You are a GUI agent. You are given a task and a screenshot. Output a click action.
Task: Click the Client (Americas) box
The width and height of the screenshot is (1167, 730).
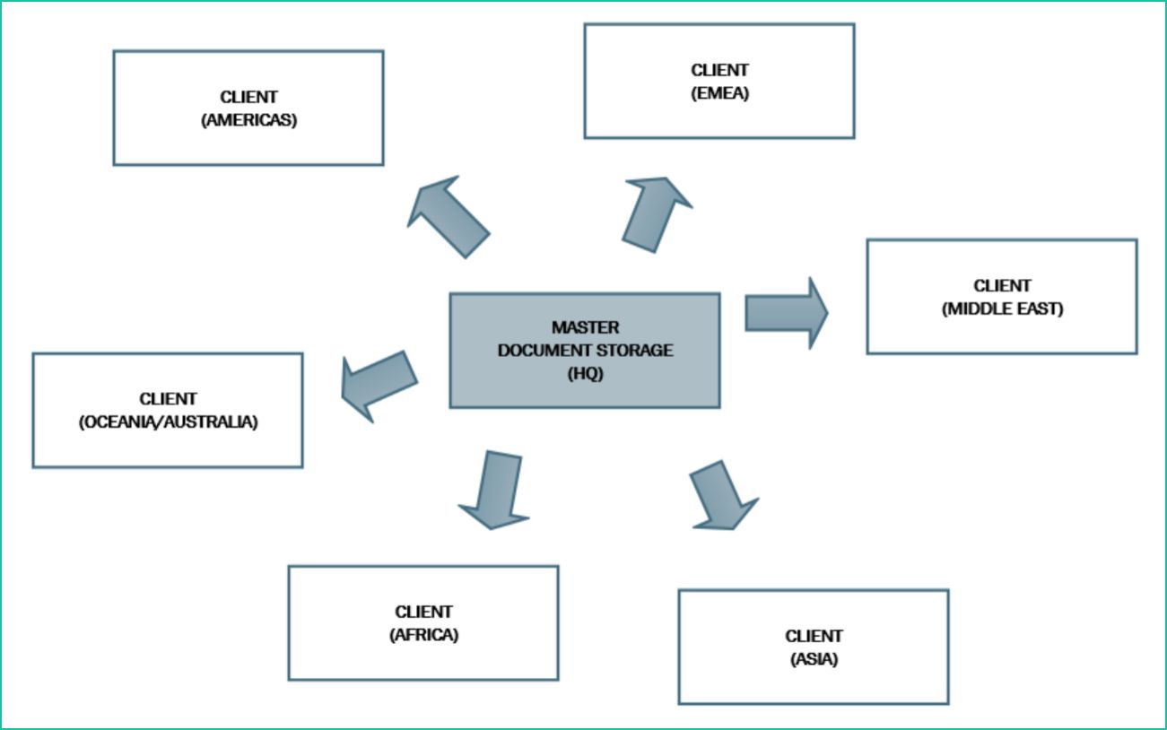[248, 108]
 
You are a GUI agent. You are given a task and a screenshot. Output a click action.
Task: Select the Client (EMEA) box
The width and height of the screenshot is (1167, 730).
[718, 81]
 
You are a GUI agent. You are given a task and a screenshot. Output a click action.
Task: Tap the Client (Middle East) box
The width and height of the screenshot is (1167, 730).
[1001, 297]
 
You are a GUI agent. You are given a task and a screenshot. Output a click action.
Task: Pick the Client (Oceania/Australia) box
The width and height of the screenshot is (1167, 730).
[167, 410]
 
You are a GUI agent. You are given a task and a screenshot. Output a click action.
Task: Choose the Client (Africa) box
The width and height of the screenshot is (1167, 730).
[422, 623]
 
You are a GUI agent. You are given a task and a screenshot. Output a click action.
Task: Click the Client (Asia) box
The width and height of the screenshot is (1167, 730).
[813, 647]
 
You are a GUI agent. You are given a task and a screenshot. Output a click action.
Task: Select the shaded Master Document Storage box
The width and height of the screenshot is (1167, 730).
[584, 350]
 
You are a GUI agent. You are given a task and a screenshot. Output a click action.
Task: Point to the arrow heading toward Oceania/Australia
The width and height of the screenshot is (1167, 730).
[379, 385]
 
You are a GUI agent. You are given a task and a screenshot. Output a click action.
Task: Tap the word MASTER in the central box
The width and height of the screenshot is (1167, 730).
[585, 327]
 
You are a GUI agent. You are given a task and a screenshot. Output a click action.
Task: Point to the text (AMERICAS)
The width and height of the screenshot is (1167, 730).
[248, 118]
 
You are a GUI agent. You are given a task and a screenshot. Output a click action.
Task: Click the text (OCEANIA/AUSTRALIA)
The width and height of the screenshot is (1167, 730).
[168, 421]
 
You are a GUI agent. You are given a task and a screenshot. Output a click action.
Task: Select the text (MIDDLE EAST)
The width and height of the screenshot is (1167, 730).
[1002, 309]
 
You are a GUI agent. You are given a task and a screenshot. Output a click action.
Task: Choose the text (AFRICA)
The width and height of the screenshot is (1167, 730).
[423, 635]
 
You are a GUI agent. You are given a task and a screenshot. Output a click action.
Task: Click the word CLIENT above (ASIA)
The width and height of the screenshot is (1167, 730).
[814, 636]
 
